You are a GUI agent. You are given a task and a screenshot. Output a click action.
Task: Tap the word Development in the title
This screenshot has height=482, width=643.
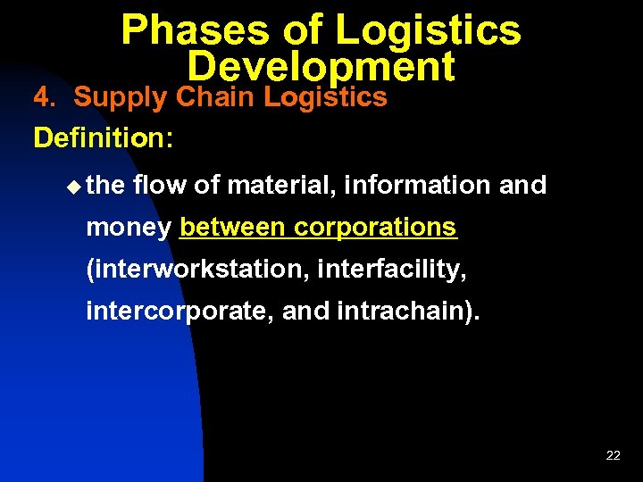pos(321,67)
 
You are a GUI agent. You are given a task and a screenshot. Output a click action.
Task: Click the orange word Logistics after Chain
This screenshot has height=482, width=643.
pos(325,97)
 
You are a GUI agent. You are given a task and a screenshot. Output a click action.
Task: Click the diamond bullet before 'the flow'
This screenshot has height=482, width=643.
pos(73,186)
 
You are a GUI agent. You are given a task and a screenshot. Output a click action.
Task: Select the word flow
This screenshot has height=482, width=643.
pos(159,185)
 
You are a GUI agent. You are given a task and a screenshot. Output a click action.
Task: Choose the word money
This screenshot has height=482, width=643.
pos(128,229)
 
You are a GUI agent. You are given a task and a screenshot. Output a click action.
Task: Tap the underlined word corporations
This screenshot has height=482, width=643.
pos(375,228)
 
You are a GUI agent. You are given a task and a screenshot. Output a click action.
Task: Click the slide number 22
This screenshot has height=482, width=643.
pos(613,455)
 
